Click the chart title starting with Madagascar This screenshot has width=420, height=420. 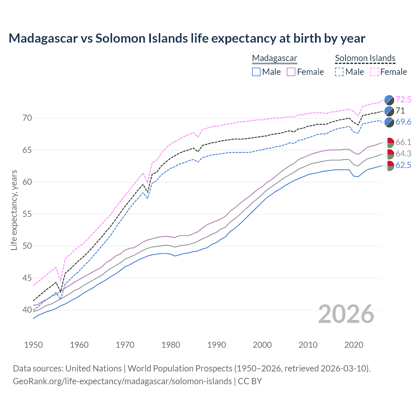pos(187,38)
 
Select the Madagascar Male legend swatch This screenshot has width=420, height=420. pos(256,72)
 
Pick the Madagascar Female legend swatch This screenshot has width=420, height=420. pos(291,72)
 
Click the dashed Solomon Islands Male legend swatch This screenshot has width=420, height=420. pos(339,72)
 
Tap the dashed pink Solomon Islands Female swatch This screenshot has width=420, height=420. pos(374,72)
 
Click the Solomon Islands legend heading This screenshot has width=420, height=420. pos(365,58)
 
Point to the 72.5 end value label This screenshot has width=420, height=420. pos(403,99)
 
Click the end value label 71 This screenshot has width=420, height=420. pos(400,111)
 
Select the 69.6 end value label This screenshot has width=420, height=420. pos(403,122)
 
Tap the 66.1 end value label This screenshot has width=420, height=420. pos(403,142)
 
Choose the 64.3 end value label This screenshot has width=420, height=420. pos(403,154)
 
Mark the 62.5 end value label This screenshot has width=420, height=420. pos(403,165)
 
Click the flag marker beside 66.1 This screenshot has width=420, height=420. pos(389,142)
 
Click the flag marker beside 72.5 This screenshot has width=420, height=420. pos(389,100)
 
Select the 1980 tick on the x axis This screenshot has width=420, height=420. pos(171,345)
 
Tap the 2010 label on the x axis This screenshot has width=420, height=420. pos(308,345)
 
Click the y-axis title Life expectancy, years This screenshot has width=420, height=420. pos(14,210)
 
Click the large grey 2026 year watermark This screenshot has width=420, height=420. pos(346,314)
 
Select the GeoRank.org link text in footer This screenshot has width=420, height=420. pos(122,381)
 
